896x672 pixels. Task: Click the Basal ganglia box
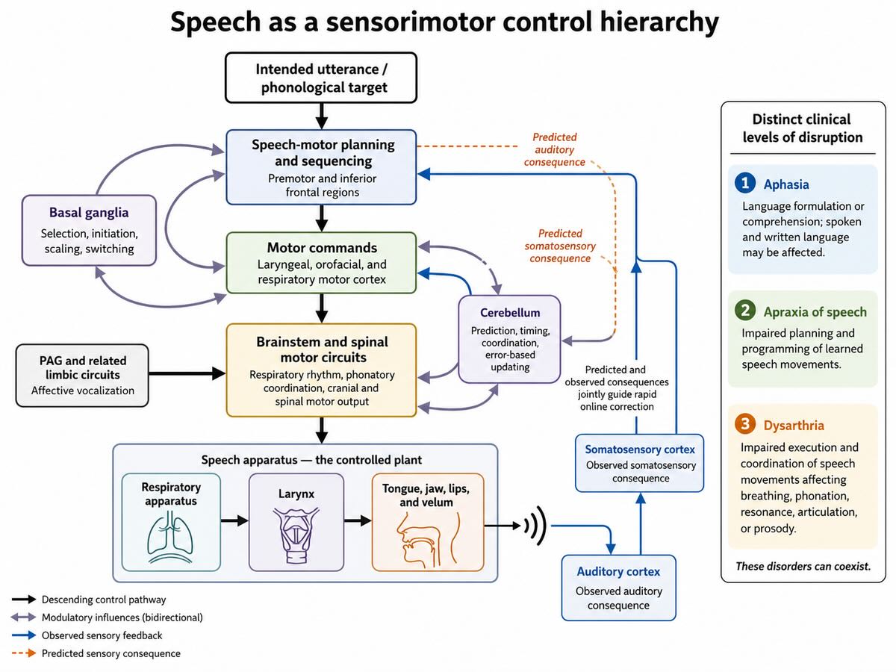point(89,231)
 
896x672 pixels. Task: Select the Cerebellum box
point(509,340)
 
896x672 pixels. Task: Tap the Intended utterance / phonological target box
point(321,78)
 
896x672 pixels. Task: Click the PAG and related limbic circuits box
point(82,376)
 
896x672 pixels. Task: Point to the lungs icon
point(170,537)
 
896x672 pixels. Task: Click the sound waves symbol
point(535,526)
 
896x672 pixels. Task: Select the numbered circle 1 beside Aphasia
point(745,183)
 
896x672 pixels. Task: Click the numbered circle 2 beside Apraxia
point(745,311)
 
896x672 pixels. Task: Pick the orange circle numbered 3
point(745,424)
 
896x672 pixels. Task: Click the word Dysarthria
point(794,425)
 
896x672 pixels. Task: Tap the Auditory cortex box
point(618,588)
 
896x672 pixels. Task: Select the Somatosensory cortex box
point(640,463)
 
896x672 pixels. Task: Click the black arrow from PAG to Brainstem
point(187,373)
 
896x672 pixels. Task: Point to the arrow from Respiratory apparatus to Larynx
point(234,520)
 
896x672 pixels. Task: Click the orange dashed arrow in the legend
point(24,653)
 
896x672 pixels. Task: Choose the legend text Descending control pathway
point(104,600)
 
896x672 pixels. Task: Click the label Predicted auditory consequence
point(554,150)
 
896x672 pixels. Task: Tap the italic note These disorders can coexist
point(803,566)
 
